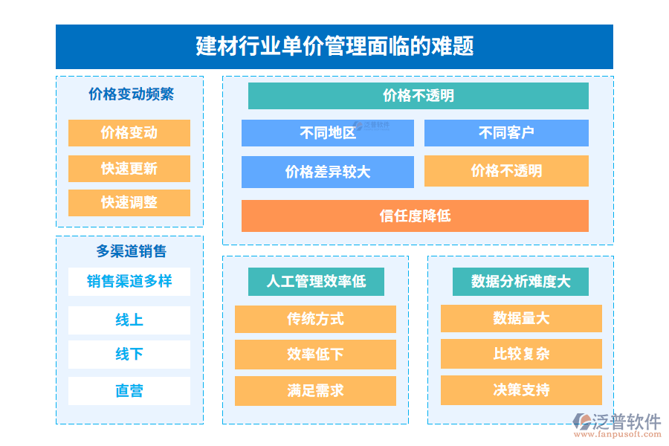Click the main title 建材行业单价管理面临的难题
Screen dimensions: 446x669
pyautogui.click(x=334, y=47)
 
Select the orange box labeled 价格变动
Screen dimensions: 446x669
pyautogui.click(x=129, y=133)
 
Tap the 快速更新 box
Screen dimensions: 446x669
pyautogui.click(x=129, y=169)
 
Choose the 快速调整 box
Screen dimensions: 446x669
pyautogui.click(x=129, y=203)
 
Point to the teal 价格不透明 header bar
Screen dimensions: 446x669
pyautogui.click(x=418, y=96)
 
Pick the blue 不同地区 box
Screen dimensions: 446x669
pyautogui.click(x=328, y=133)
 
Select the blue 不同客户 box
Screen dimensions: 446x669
pyautogui.click(x=506, y=133)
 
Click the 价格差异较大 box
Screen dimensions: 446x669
pyautogui.click(x=328, y=172)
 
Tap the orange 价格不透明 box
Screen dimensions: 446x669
pyautogui.click(x=506, y=171)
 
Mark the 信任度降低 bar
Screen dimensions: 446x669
pyautogui.click(x=415, y=216)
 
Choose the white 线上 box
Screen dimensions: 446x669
pyautogui.click(x=129, y=320)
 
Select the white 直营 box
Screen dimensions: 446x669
pyautogui.click(x=129, y=391)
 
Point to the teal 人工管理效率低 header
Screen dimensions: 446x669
pyautogui.click(x=317, y=282)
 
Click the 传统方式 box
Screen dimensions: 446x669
pyautogui.click(x=315, y=319)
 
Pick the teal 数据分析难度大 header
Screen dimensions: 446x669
pyautogui.click(x=520, y=282)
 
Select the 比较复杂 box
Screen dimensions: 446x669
pyautogui.click(x=521, y=355)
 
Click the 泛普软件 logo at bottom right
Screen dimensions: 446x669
pyautogui.click(x=617, y=424)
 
